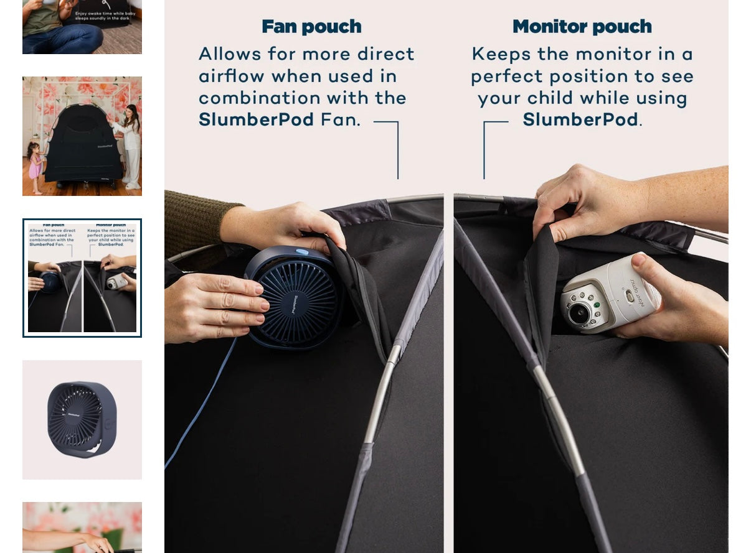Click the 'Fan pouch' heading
[311, 27]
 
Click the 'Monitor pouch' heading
[582, 27]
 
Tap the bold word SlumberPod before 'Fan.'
[256, 119]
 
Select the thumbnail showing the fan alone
[82, 419]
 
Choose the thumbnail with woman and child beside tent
[82, 136]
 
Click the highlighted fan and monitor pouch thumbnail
[82, 278]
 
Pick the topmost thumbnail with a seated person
[82, 27]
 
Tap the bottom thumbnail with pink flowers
[82, 527]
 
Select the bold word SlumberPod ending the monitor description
[580, 119]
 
